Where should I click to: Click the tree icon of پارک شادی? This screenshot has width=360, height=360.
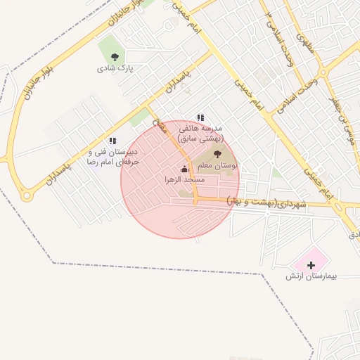pos(115,57)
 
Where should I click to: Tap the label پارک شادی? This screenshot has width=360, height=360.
pos(115,69)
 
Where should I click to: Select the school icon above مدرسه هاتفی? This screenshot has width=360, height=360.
pos(200,117)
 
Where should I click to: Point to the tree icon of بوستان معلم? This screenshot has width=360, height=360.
pos(217,154)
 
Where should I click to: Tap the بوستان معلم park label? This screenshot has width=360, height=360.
pos(216,165)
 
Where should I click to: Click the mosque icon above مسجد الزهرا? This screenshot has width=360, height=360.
pos(185,169)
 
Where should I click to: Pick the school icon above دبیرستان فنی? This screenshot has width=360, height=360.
pos(112,141)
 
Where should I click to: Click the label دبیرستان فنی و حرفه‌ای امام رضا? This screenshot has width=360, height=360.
pos(112,157)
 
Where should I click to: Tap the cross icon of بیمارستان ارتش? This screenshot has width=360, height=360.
pos(311,264)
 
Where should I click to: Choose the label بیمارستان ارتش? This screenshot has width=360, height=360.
pos(311,276)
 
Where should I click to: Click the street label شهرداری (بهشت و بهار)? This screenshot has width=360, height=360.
pos(267,203)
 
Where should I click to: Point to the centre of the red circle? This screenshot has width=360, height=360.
pos(180,179)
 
